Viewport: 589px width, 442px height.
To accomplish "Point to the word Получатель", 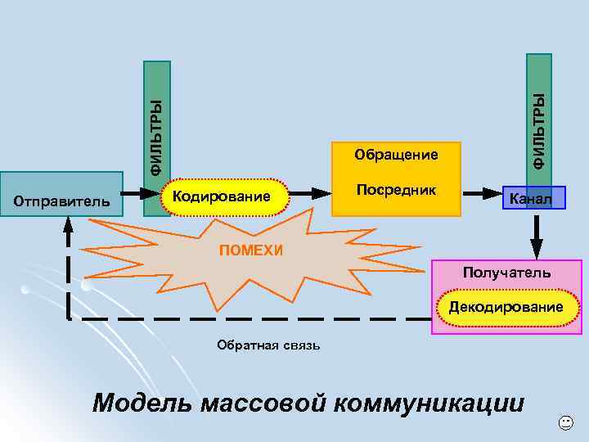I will [x=506, y=272].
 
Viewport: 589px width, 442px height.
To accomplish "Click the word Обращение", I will [x=396, y=154].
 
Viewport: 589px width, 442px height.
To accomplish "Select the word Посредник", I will [x=396, y=190].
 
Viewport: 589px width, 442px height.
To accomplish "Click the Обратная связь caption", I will [x=268, y=345].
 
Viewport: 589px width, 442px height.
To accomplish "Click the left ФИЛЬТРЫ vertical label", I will [x=156, y=134].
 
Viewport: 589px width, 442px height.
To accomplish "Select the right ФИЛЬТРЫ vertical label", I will [x=538, y=131].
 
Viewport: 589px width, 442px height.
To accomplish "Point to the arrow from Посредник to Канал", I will [x=483, y=195].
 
